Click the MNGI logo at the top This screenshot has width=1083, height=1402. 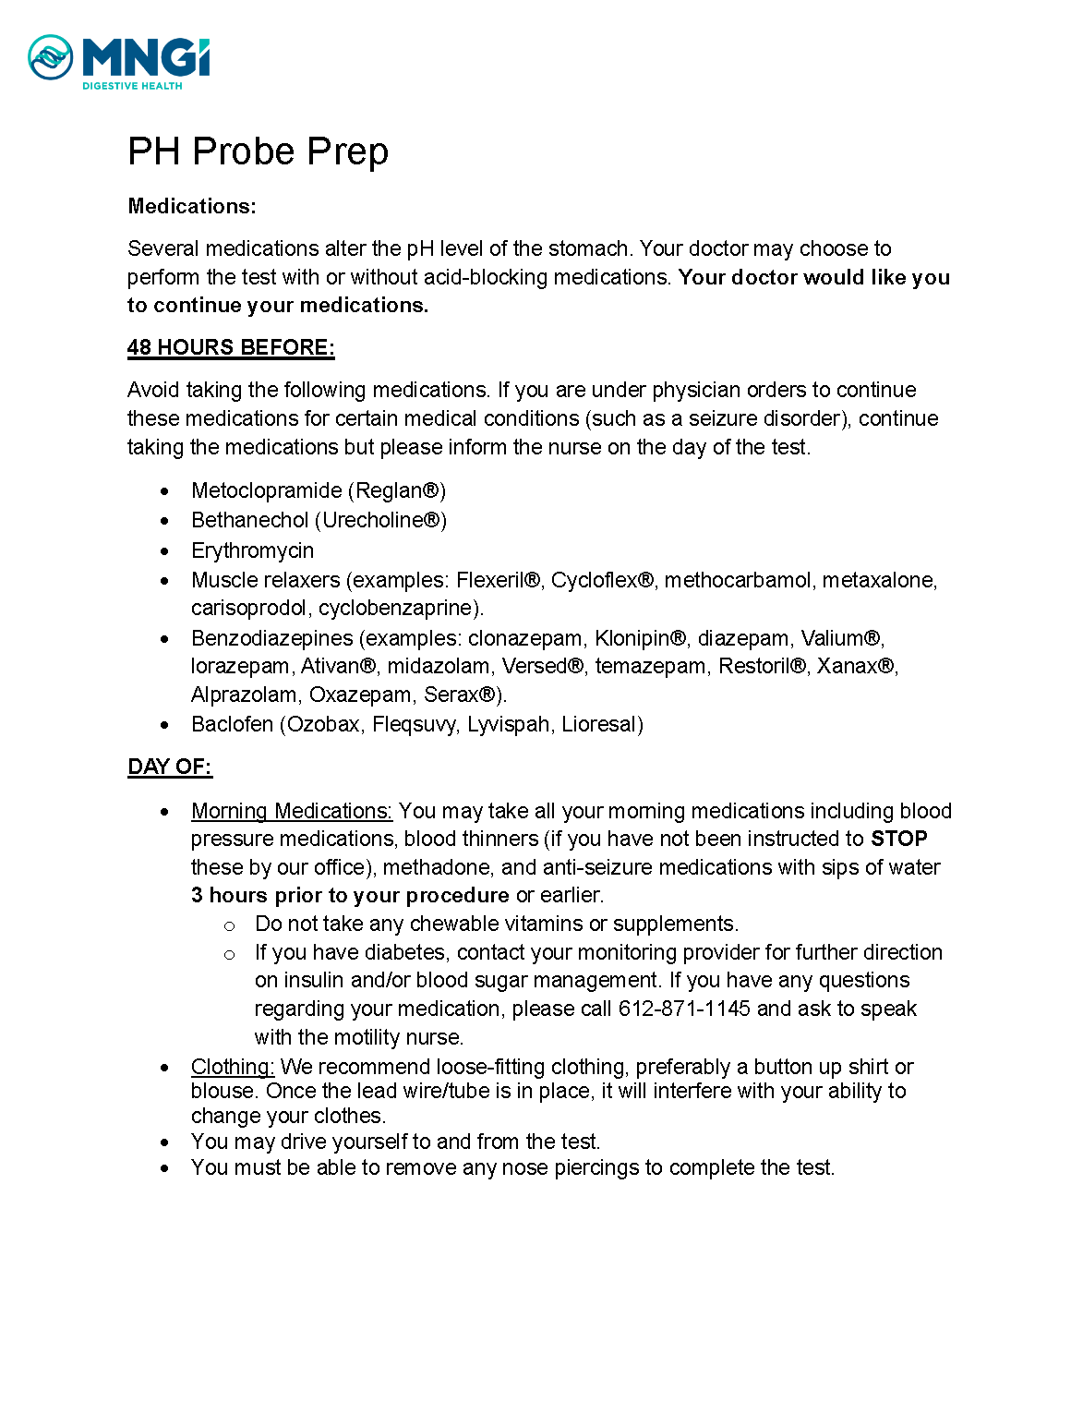(119, 62)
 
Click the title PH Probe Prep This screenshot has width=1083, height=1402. (258, 151)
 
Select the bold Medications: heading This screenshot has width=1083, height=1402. (192, 206)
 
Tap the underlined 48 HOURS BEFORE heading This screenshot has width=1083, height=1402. (231, 347)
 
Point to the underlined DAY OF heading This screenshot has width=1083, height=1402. (170, 767)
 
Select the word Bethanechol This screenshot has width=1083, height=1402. (249, 520)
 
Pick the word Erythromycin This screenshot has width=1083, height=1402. (252, 550)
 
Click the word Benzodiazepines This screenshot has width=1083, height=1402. (271, 638)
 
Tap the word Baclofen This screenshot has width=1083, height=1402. (232, 724)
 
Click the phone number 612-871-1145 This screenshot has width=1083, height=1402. (684, 1009)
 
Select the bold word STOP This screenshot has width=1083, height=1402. (898, 839)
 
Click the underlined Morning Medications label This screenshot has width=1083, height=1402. (291, 811)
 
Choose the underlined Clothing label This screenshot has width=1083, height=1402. (232, 1067)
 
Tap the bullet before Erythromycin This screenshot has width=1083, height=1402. (164, 551)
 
